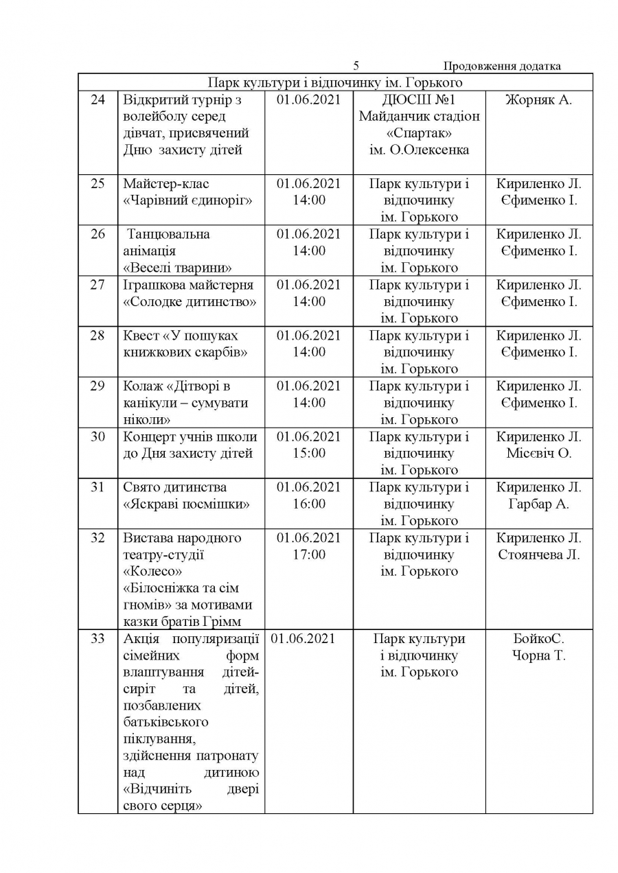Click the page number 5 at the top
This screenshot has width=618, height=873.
[x=356, y=67]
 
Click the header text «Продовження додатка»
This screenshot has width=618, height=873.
[x=502, y=67]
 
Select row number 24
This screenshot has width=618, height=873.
[x=98, y=100]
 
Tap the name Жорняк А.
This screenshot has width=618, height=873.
[x=538, y=100]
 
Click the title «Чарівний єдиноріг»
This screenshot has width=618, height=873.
[x=187, y=200]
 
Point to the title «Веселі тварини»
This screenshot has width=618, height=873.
[x=177, y=268]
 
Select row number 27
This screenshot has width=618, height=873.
[x=98, y=285]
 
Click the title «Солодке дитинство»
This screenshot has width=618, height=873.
[x=190, y=301]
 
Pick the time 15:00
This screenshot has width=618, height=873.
[x=308, y=453]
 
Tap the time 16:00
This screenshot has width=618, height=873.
[x=308, y=504]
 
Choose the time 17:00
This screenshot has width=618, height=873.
[x=308, y=555]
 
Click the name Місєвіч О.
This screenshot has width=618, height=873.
[x=538, y=453]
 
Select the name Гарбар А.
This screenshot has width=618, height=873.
[x=538, y=504]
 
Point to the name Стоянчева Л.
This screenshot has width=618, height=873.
[x=538, y=555]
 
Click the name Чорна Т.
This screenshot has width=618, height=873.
[x=538, y=655]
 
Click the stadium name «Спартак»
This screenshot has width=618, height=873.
[x=419, y=133]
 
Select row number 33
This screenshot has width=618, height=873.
[x=98, y=639]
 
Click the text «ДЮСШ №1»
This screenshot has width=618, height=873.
[x=419, y=100]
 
